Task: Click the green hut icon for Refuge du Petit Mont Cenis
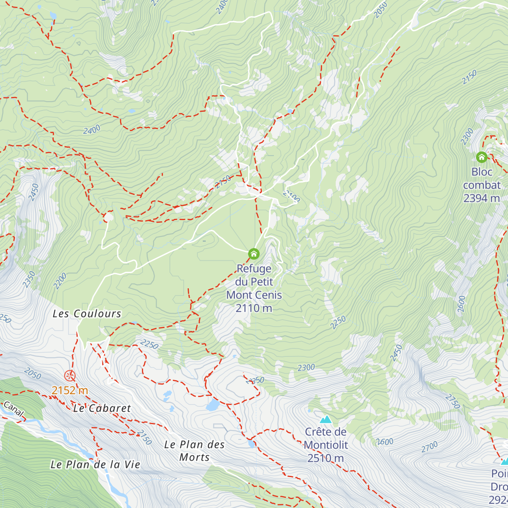[x=254, y=254]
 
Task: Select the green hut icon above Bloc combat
[x=481, y=157]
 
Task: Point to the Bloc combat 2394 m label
[x=482, y=185]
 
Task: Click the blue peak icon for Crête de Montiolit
[x=326, y=420]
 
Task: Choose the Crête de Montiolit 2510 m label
[x=326, y=444]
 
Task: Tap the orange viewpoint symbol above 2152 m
[x=70, y=375]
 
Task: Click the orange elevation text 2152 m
[x=70, y=390]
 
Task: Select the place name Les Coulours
[x=87, y=314]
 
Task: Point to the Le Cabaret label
[x=102, y=409]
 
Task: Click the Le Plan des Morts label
[x=194, y=451]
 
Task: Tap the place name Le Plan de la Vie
[x=95, y=464]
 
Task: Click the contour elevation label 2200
[x=60, y=282]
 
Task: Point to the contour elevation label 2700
[x=430, y=446]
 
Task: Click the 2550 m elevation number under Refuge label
[x=254, y=308]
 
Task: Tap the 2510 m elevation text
[x=326, y=458]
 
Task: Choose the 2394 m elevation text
[x=482, y=198]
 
